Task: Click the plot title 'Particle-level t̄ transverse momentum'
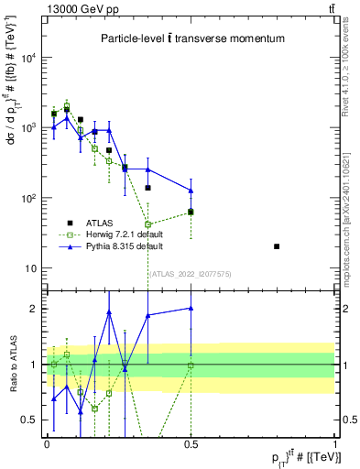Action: point(192,38)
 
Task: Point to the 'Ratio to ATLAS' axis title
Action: point(12,364)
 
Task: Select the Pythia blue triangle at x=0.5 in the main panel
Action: point(191,191)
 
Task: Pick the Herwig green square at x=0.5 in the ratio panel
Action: point(191,365)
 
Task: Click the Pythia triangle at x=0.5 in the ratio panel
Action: point(191,309)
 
